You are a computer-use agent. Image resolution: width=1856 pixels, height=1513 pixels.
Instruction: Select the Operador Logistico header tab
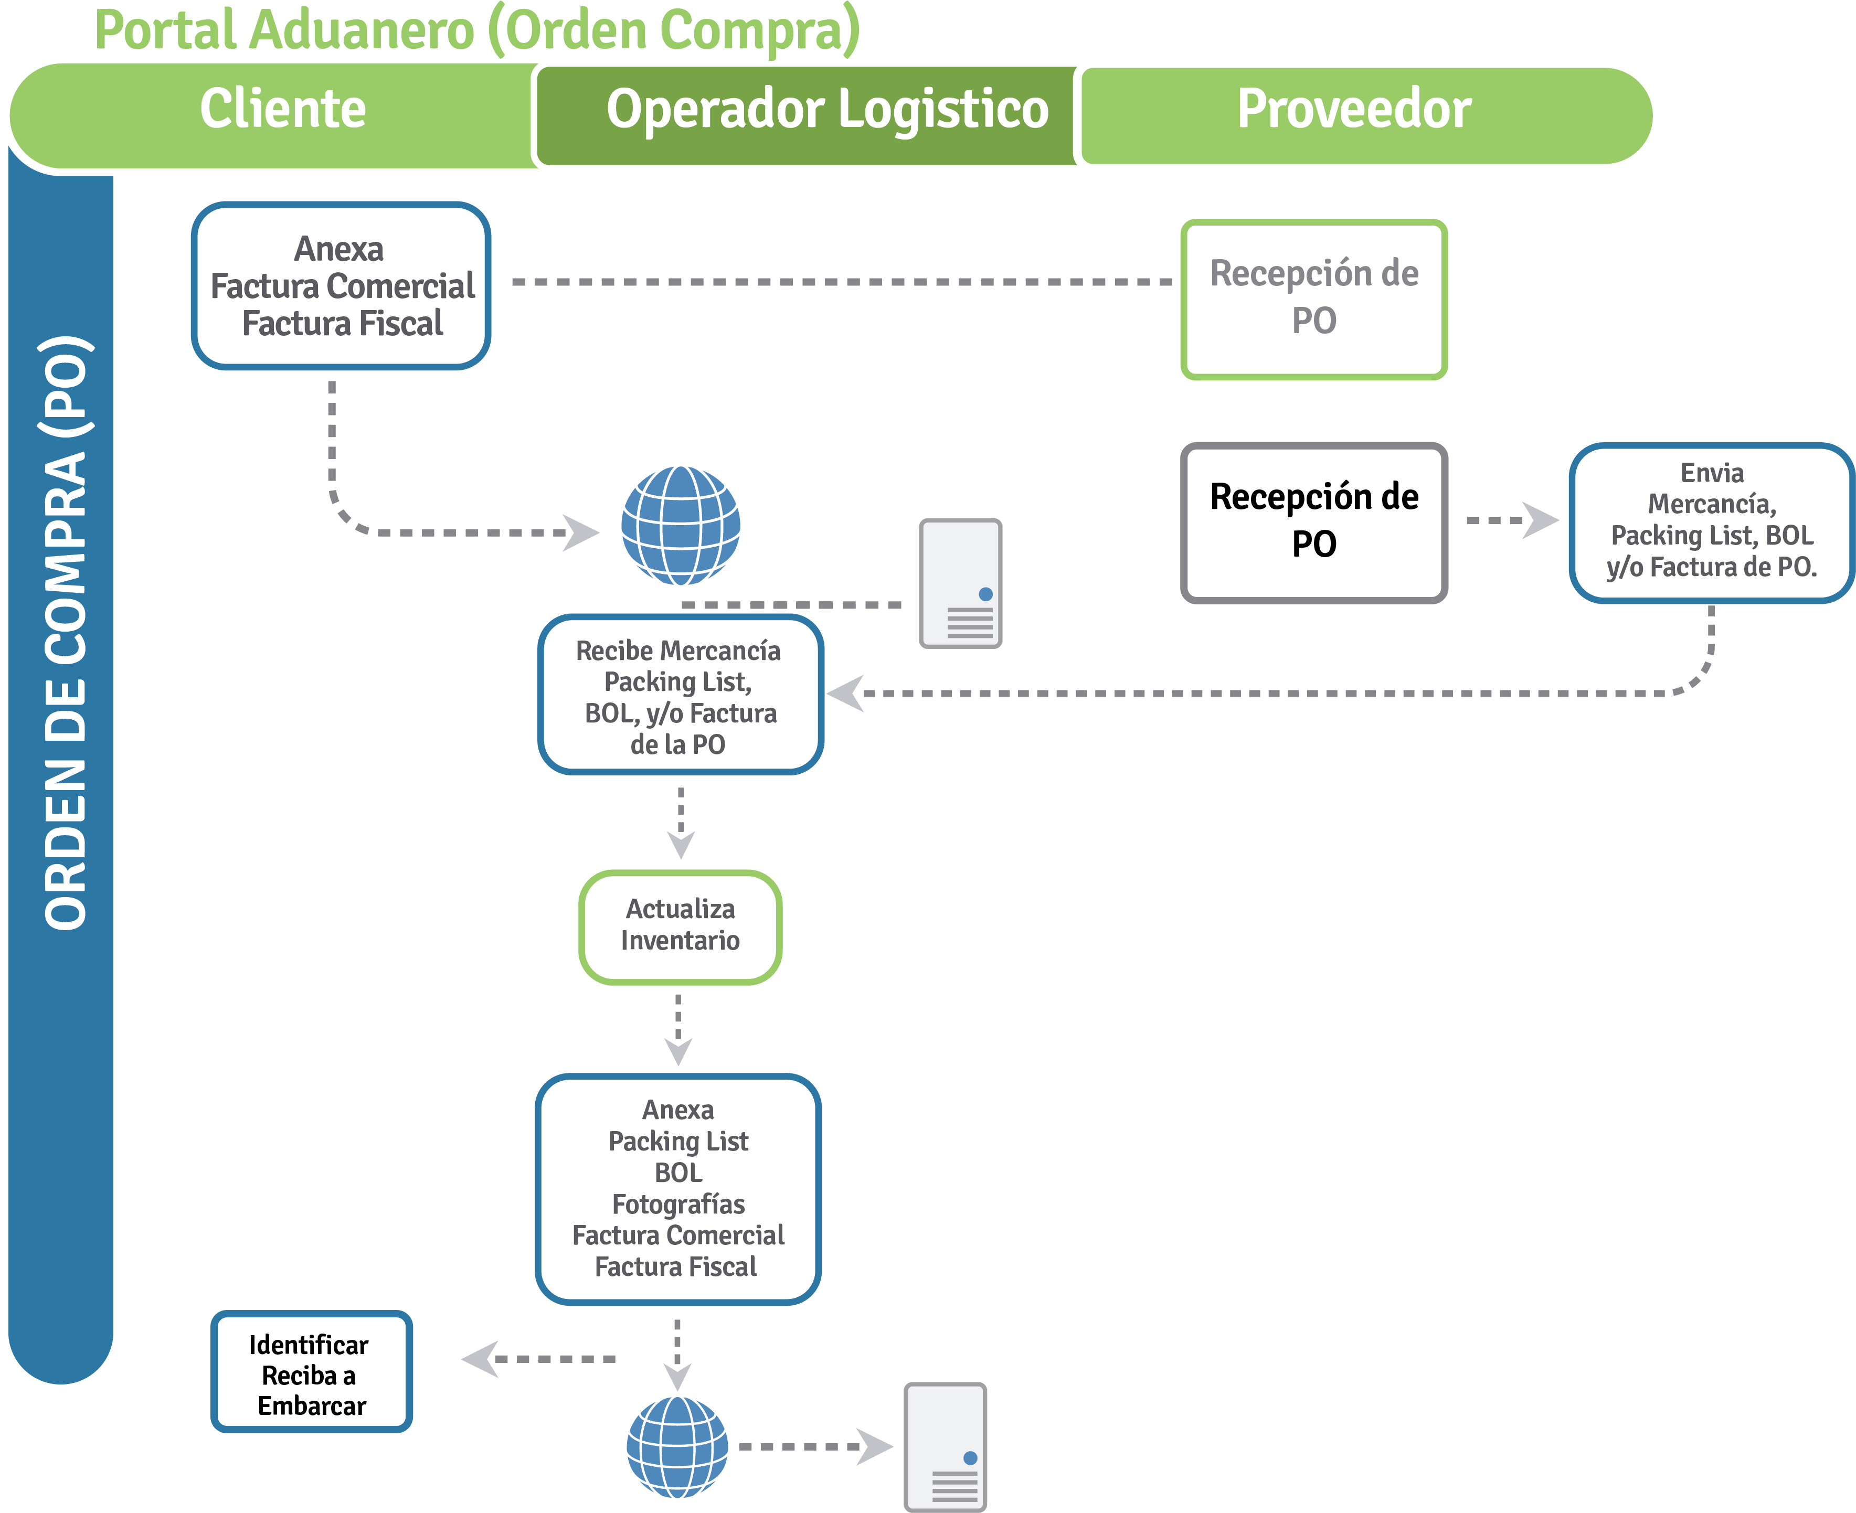pyautogui.click(x=826, y=111)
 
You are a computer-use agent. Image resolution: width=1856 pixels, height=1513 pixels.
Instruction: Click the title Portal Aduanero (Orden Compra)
pyautogui.click(x=477, y=30)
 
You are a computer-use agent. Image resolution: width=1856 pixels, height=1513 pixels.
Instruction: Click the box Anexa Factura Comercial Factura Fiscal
pyautogui.click(x=341, y=286)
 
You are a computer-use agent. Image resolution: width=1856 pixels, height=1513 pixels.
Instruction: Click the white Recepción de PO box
pyautogui.click(x=1314, y=521)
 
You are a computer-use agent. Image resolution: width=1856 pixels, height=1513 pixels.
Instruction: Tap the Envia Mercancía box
pyautogui.click(x=1711, y=521)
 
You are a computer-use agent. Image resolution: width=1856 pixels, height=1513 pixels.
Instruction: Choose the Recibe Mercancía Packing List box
pyautogui.click(x=680, y=696)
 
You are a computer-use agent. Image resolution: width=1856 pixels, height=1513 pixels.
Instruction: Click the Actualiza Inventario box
pyautogui.click(x=680, y=925)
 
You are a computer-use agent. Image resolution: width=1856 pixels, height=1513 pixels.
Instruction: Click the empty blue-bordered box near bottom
pyautogui.click(x=311, y=1371)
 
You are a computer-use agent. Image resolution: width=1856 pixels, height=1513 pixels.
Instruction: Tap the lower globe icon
pyautogui.click(x=677, y=1447)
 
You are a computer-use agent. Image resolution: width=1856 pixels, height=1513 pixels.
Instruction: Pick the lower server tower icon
pyautogui.click(x=945, y=1447)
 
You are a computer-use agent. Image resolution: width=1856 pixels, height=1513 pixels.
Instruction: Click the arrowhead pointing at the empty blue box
pyautogui.click(x=480, y=1359)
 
